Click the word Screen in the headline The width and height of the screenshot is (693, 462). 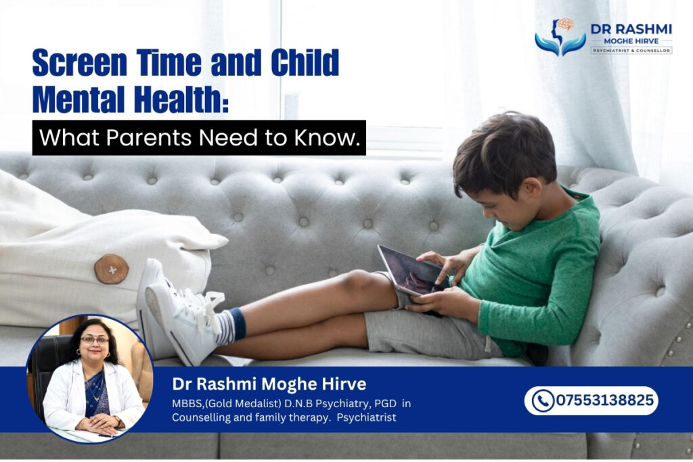80,62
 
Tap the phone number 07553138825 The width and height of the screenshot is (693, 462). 604,400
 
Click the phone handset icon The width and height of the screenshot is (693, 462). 543,400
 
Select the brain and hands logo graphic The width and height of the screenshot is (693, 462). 560,37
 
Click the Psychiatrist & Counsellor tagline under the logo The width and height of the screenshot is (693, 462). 631,51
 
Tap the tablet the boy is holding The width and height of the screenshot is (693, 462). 408,271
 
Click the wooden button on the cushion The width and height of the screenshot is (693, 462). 112,269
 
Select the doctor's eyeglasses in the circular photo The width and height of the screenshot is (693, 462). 95,340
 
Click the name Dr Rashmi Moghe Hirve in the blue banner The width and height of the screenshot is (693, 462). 269,384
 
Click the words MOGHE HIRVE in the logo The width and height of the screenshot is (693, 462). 631,41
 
